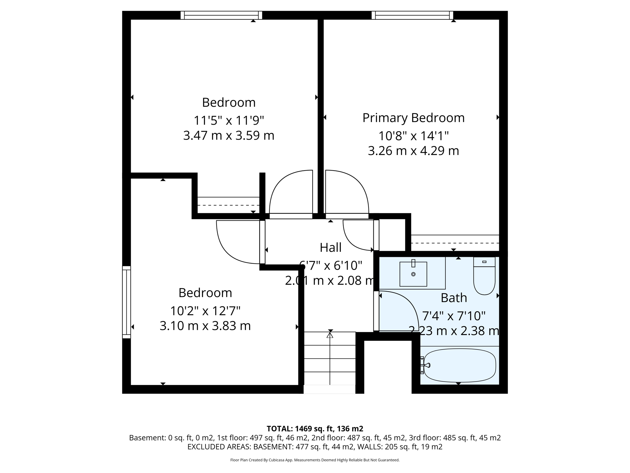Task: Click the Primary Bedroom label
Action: pos(413,118)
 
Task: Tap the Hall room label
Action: pos(330,248)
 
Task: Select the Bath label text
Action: pos(454,298)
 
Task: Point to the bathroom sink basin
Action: pos(413,274)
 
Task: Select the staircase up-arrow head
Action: pos(330,335)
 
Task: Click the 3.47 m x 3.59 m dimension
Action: pos(229,135)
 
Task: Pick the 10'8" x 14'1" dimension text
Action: pos(413,135)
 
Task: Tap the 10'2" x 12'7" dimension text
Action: pos(205,311)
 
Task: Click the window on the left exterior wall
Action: pos(126,302)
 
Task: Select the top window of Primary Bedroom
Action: pos(412,15)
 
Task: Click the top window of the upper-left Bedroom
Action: pos(221,15)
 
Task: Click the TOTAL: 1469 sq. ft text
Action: pos(314,429)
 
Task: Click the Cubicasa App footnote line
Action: pos(315,460)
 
